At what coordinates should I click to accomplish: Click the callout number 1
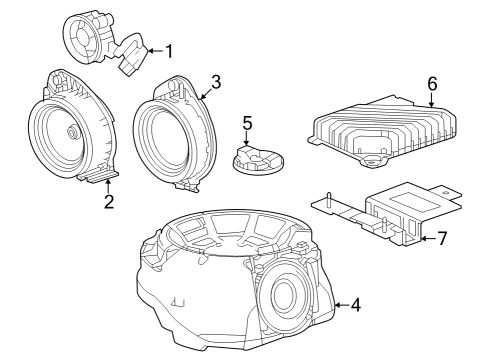tap(169, 51)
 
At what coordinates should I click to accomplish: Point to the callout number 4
tap(355, 306)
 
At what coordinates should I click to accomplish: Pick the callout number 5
tap(248, 125)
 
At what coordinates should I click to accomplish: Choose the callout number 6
tap(432, 84)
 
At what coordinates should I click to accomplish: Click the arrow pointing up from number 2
tap(108, 186)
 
